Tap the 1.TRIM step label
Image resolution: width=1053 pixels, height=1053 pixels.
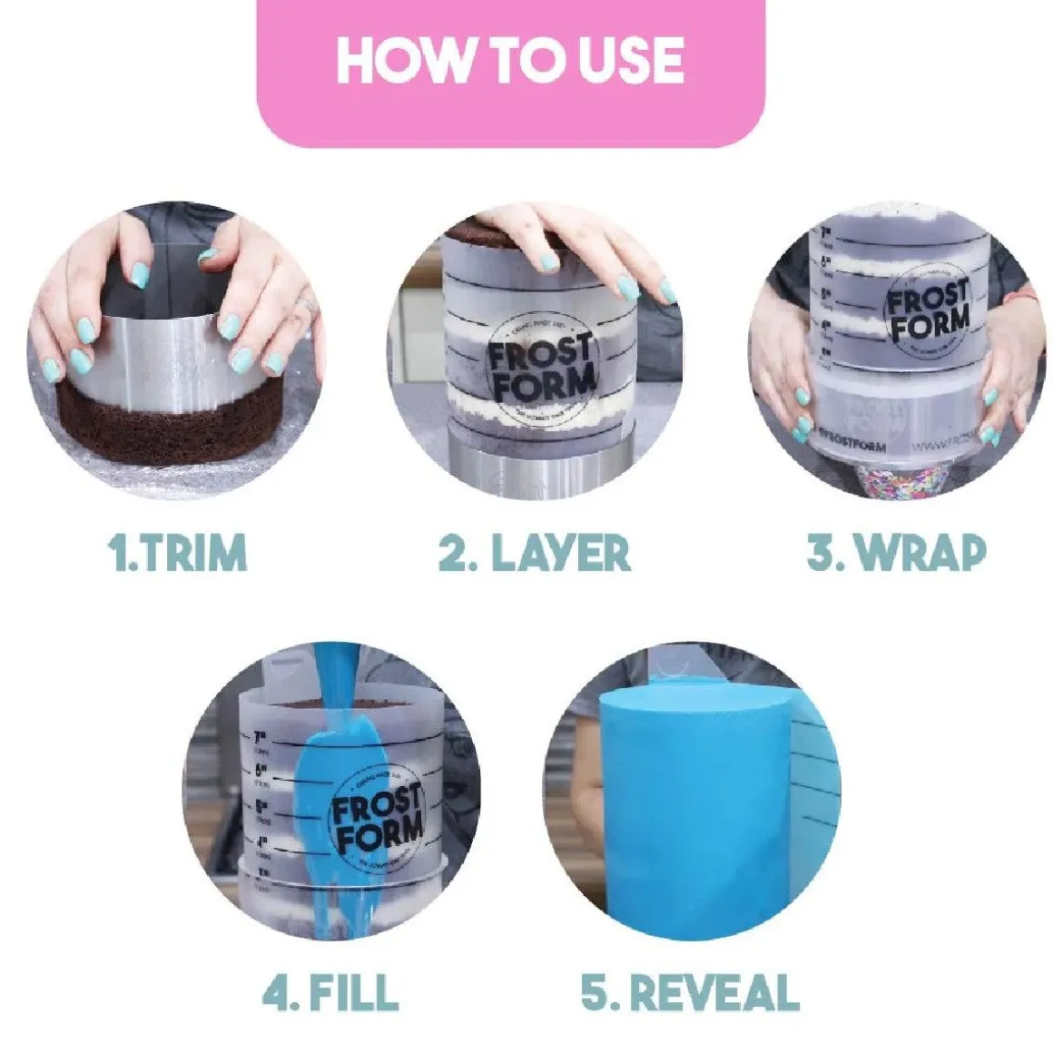(x=177, y=552)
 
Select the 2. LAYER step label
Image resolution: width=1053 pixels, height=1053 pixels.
(x=534, y=552)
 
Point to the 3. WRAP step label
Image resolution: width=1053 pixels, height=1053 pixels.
(x=895, y=552)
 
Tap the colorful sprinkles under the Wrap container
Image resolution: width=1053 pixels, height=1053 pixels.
(x=893, y=481)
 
